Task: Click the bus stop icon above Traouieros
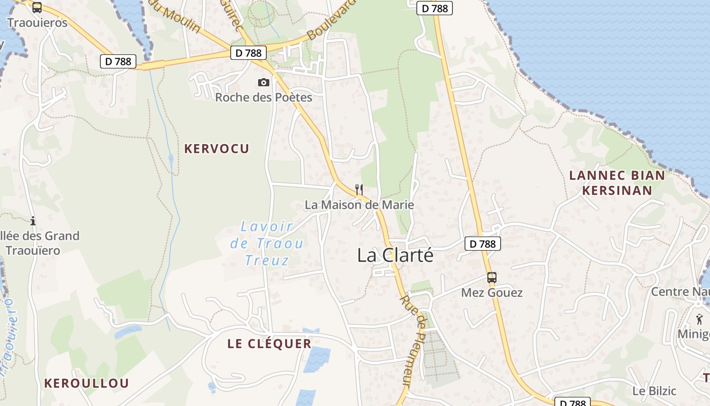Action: (x=37, y=7)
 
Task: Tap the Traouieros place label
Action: (x=37, y=23)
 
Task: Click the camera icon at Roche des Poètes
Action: (x=264, y=82)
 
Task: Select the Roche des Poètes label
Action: (x=264, y=97)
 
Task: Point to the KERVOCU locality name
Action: (x=217, y=149)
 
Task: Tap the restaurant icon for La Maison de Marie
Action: (x=359, y=190)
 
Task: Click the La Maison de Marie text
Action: (x=359, y=205)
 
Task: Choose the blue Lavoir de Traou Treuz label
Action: (x=266, y=244)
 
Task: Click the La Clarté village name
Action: (x=396, y=255)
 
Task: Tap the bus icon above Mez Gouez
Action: (x=491, y=278)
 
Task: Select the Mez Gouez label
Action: (x=491, y=293)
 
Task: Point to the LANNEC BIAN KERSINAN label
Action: (x=617, y=183)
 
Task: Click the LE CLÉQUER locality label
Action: (x=269, y=344)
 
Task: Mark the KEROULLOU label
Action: (x=86, y=383)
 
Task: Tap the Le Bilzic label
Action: (x=654, y=391)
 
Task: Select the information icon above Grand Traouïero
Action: (x=33, y=221)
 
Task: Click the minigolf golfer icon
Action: (x=700, y=319)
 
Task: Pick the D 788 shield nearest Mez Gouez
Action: (x=483, y=244)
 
